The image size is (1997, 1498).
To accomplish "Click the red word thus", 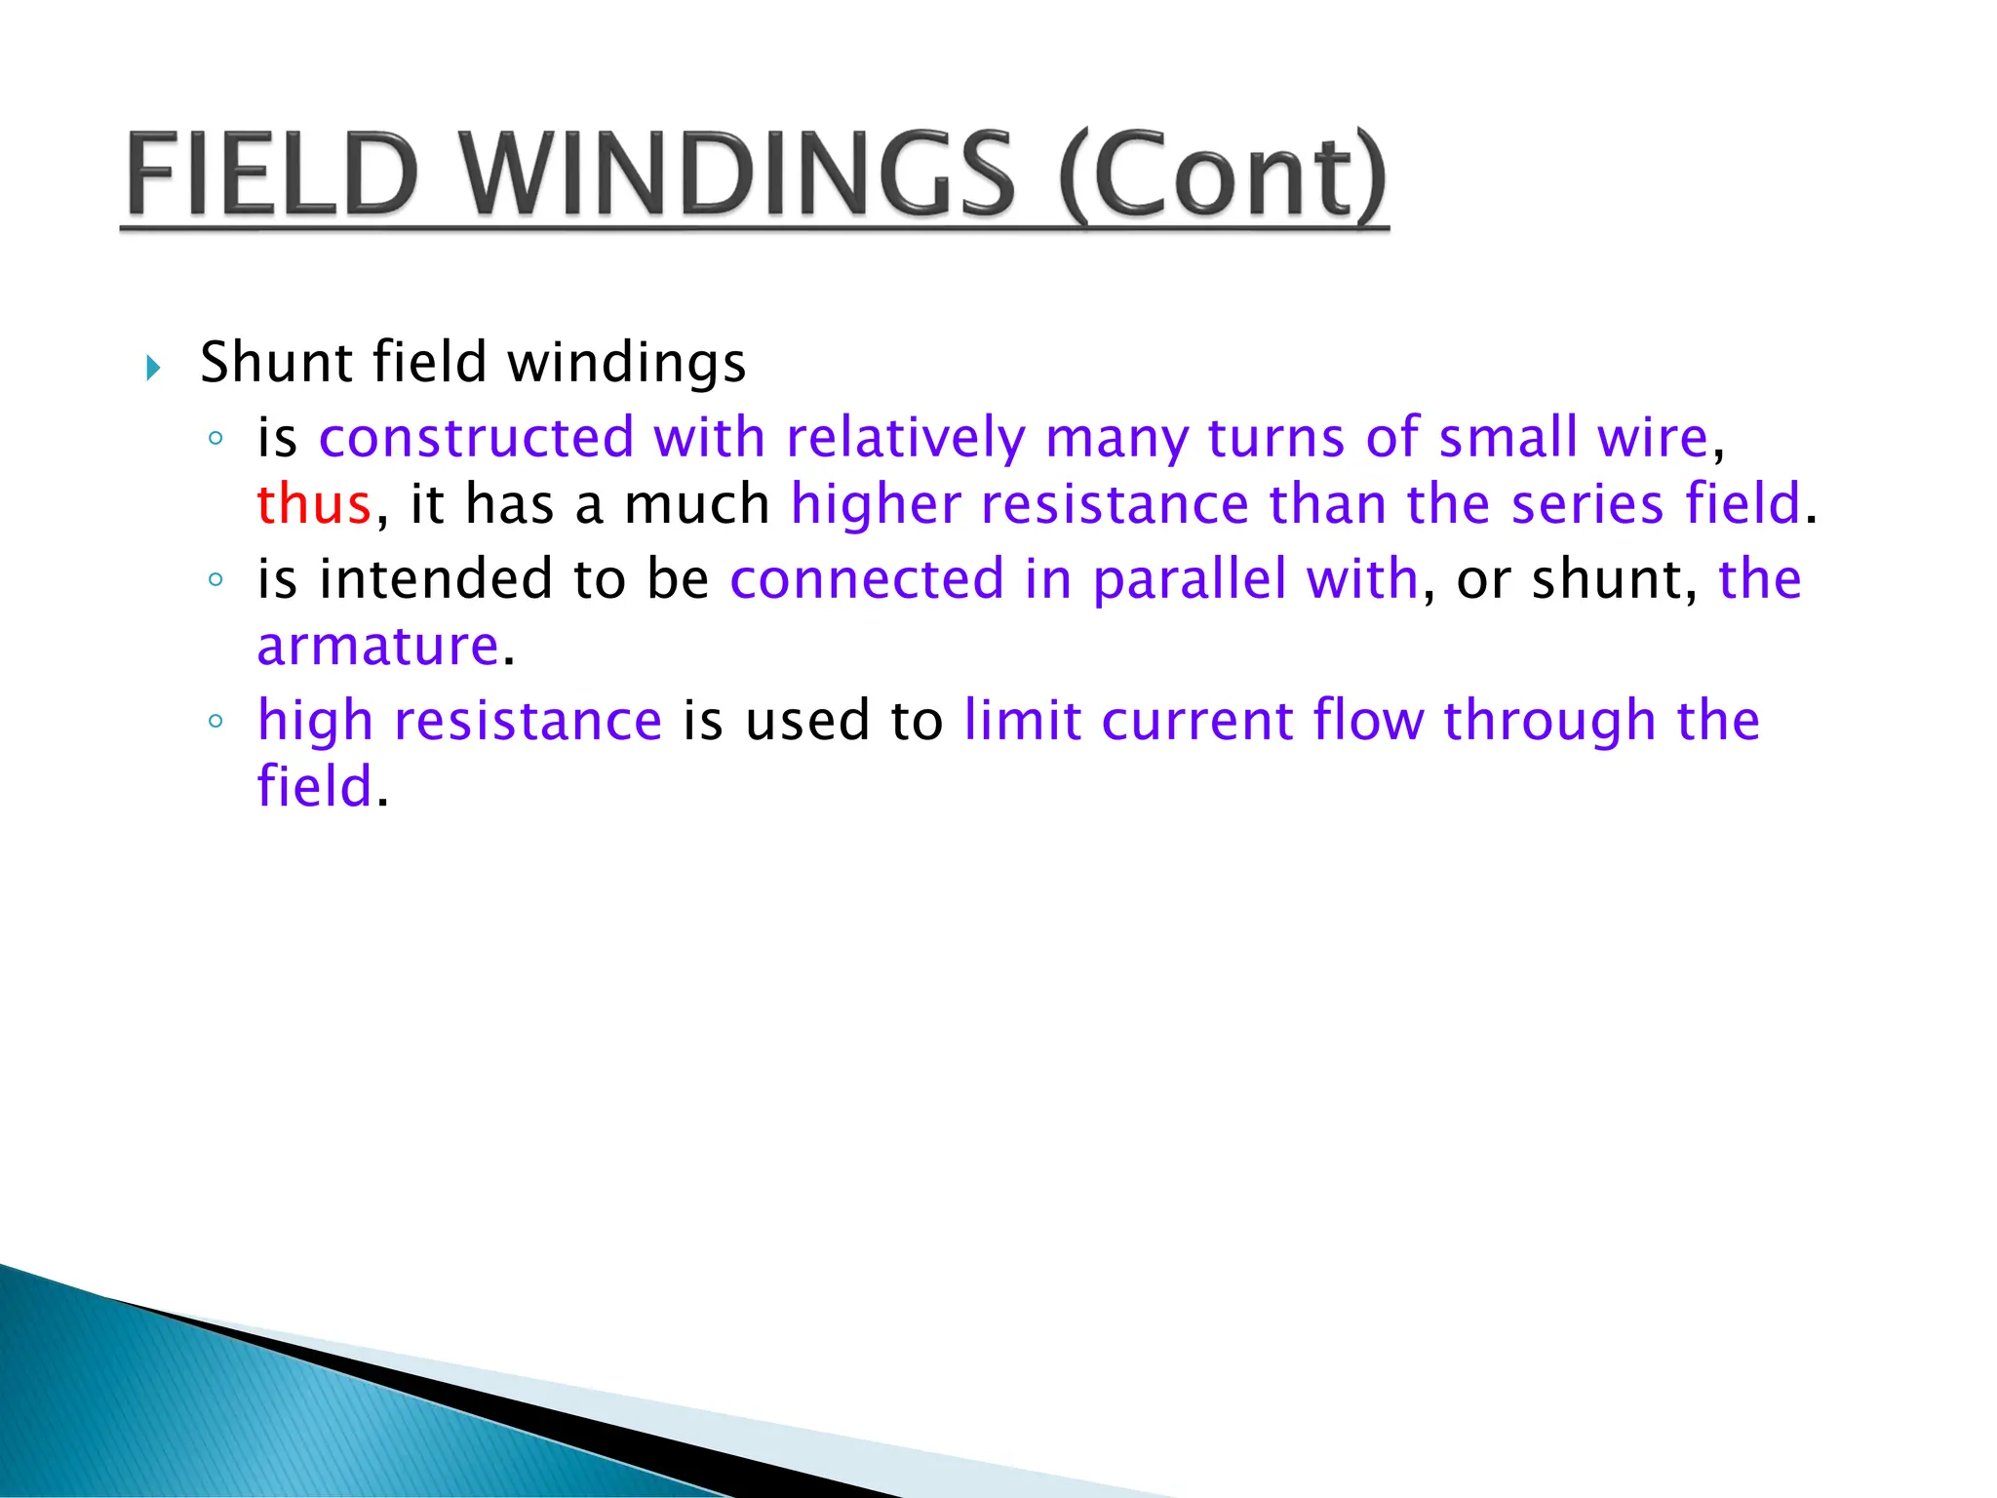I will tap(314, 505).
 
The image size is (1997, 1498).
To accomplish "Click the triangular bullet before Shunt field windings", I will tap(153, 368).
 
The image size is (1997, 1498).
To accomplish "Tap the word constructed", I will tap(476, 438).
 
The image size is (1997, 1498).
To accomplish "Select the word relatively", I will tap(905, 438).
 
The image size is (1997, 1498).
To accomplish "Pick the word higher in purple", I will tap(875, 505).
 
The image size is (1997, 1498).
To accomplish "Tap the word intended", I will tap(436, 579).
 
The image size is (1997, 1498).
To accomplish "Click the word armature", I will tap(378, 647).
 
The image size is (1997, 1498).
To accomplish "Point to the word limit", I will tap(1022, 721).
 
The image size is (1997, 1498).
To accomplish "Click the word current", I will tap(1196, 721).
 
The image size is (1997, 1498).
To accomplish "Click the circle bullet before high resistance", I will tap(215, 722).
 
